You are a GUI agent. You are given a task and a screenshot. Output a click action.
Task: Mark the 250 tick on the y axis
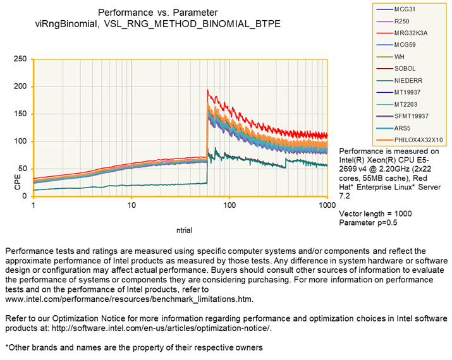click(20, 59)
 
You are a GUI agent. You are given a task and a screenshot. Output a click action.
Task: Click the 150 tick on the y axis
click(20, 114)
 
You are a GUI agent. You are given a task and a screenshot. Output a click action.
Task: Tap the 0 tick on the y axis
click(25, 196)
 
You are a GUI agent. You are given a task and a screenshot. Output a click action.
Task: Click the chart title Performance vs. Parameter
click(158, 13)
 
